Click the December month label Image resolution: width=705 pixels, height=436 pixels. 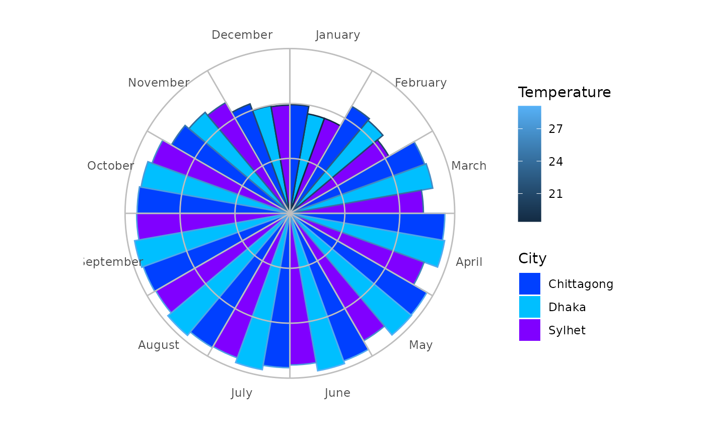242,35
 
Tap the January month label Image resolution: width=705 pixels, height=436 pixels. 337,35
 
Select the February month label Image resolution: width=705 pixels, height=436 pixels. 420,83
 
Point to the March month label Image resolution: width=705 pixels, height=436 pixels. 469,166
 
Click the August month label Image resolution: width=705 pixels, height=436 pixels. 159,345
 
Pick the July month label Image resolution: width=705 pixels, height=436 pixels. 242,393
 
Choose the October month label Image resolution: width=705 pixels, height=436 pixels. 110,166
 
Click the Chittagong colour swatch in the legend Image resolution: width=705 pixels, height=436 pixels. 530,284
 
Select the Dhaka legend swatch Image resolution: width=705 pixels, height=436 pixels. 530,307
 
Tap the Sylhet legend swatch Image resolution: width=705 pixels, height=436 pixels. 530,330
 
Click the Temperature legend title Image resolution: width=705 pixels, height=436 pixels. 564,93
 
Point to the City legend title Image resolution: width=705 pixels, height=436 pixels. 532,259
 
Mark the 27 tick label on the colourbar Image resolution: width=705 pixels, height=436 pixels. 556,129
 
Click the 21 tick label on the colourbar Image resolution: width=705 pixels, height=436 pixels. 556,194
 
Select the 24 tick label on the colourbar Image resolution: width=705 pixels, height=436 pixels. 556,162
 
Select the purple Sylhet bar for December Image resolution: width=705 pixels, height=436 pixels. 281,151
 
